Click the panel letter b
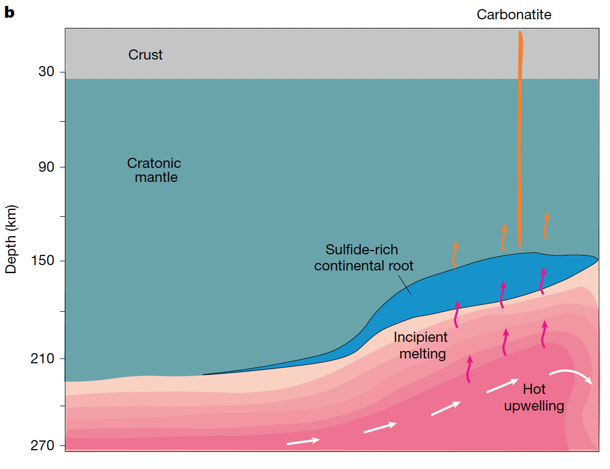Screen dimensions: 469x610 click(x=9, y=13)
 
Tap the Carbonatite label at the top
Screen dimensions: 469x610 click(x=514, y=14)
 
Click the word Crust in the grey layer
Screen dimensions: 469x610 click(x=145, y=55)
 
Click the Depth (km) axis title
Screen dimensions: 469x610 click(x=11, y=239)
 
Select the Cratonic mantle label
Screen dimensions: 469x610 click(x=154, y=170)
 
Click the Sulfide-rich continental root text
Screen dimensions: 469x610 click(x=363, y=258)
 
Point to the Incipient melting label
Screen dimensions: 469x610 click(x=420, y=346)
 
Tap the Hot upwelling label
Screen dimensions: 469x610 click(x=534, y=397)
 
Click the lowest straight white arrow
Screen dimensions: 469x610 click(x=303, y=441)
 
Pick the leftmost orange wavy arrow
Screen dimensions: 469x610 click(x=455, y=254)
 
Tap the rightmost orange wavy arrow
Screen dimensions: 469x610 click(x=546, y=226)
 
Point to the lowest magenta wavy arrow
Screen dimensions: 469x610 click(x=470, y=369)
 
